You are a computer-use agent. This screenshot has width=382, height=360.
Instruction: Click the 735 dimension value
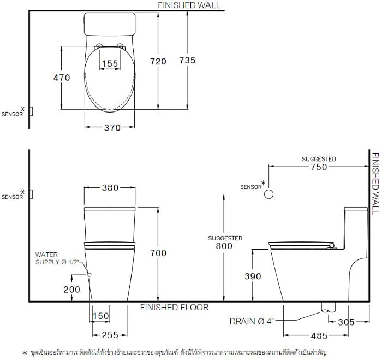coord(187,61)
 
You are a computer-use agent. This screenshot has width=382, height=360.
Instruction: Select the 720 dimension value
coord(158,62)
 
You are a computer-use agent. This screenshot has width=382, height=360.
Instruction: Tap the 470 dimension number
coord(62,78)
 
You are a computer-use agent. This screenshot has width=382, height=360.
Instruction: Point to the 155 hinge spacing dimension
coord(110,64)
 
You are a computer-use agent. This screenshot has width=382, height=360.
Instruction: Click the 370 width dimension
coord(110,127)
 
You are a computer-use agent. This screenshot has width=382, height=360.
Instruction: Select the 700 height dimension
coord(158,253)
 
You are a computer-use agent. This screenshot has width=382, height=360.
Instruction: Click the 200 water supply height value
coord(71,290)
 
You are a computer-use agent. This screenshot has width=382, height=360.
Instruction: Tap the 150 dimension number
coord(100,317)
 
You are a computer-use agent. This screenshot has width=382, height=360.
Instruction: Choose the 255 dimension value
coord(109,335)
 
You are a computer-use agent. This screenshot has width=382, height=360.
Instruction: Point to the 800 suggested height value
coord(224,246)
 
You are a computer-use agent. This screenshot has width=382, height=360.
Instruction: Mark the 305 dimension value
coord(346,322)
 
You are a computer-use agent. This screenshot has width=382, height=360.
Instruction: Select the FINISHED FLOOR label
coord(174,308)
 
